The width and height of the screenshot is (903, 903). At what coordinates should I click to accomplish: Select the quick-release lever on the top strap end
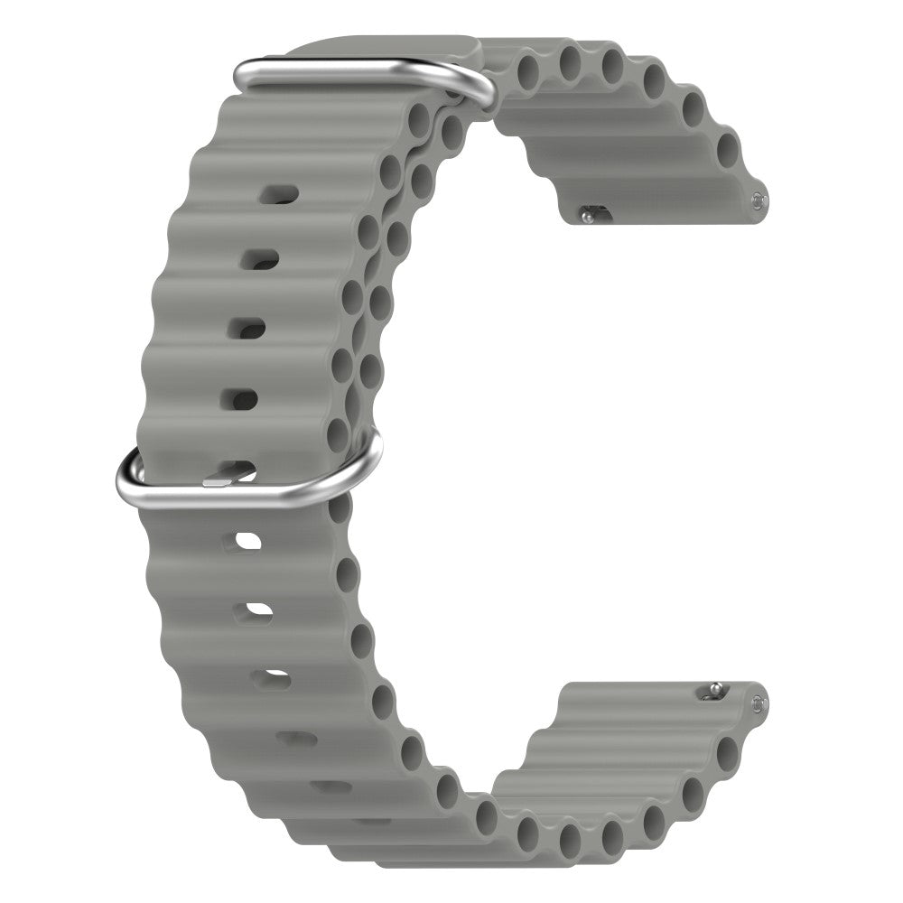click(x=589, y=215)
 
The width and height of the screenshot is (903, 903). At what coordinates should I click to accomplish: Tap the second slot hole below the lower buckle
click(x=256, y=612)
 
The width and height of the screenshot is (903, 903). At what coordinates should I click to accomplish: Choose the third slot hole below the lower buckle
click(x=270, y=677)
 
